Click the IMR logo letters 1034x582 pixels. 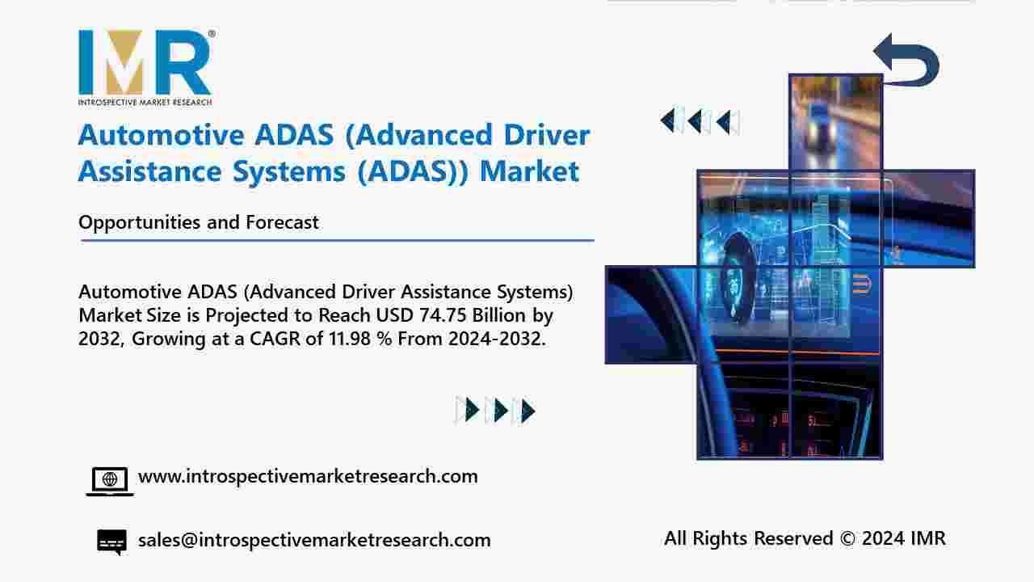coord(145,62)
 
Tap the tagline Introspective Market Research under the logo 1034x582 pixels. coord(145,102)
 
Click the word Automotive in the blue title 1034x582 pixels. coord(161,135)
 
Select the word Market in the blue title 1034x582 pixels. coord(529,171)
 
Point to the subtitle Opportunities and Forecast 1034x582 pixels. coord(199,222)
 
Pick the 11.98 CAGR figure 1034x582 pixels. coord(350,339)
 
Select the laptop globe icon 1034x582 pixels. coord(110,482)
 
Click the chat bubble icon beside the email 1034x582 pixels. coord(111,542)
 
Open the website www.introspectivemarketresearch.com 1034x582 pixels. coord(308,477)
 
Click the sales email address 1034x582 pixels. coord(314,540)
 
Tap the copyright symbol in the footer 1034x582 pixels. coord(847,538)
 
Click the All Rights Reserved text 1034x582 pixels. coord(749,538)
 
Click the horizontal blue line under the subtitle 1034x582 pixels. coord(338,240)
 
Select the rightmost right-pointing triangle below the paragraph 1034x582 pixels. coord(528,411)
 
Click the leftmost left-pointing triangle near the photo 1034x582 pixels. coord(667,121)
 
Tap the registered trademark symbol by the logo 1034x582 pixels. coord(212,34)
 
